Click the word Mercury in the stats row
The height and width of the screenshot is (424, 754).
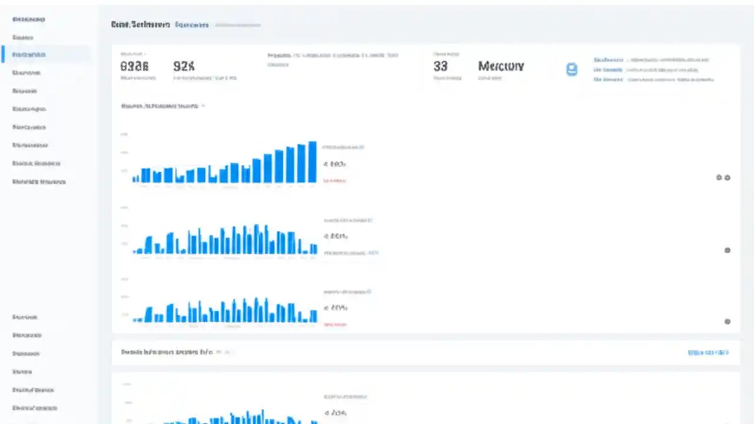(x=501, y=66)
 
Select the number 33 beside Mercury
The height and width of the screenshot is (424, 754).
(x=440, y=66)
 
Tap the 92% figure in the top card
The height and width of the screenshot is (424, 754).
(x=184, y=66)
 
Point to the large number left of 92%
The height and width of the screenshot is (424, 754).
(x=134, y=66)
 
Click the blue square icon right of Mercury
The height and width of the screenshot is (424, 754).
(x=571, y=69)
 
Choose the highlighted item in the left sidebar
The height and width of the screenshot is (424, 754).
(x=29, y=55)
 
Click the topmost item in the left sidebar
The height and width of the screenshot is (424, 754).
(x=29, y=19)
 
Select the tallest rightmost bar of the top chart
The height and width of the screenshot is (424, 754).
(x=312, y=162)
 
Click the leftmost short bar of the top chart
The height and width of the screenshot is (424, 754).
(x=135, y=178)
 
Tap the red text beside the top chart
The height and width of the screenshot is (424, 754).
(x=335, y=181)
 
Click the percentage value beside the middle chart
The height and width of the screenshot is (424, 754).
(x=336, y=236)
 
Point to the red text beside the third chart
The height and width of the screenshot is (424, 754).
(x=335, y=324)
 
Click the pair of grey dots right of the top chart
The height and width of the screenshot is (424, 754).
(x=723, y=177)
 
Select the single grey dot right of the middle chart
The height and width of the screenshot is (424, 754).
(x=727, y=250)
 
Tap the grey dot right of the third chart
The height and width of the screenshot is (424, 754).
(x=727, y=322)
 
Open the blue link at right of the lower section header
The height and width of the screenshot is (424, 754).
(x=708, y=352)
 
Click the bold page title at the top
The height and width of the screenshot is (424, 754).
(x=140, y=25)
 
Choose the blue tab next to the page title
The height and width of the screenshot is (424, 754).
(x=192, y=25)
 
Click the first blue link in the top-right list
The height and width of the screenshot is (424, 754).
(x=609, y=60)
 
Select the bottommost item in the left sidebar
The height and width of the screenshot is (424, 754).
(x=35, y=408)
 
